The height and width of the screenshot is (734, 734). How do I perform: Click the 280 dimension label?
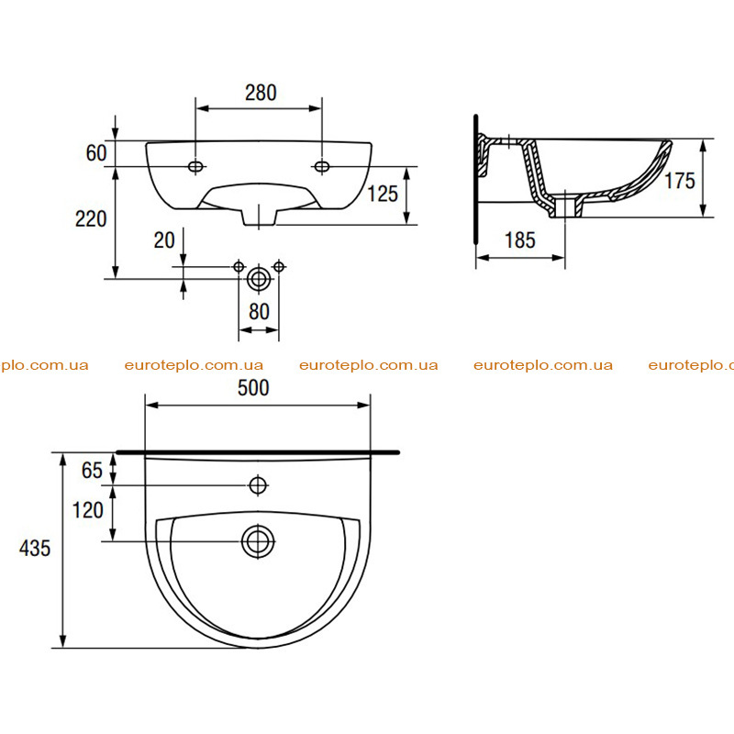tap(261, 93)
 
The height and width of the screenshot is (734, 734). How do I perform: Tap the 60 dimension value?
tap(96, 153)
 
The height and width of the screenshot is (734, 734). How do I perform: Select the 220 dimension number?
tap(91, 218)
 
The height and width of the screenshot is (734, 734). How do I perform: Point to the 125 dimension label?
tap(383, 194)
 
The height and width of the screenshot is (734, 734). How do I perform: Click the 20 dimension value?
tap(164, 240)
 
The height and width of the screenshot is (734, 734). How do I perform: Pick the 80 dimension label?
tap(259, 312)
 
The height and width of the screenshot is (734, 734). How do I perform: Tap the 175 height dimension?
tap(680, 181)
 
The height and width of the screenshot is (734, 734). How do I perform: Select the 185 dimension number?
tap(520, 240)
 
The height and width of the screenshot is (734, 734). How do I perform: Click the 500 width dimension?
tap(253, 387)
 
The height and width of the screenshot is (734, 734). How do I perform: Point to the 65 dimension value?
tap(92, 471)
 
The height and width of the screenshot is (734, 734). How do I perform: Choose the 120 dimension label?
tap(87, 510)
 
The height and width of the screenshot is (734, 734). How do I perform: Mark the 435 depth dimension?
tap(35, 548)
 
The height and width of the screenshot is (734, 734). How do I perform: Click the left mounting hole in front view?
tap(195, 166)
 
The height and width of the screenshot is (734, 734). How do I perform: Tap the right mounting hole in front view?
tap(322, 166)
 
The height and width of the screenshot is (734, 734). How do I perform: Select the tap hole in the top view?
tap(258, 485)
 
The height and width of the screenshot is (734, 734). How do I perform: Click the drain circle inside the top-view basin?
tap(258, 541)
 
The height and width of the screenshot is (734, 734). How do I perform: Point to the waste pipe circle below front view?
tap(259, 280)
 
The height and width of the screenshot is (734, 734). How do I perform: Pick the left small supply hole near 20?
tap(239, 267)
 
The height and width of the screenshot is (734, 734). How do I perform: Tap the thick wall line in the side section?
tap(475, 179)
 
